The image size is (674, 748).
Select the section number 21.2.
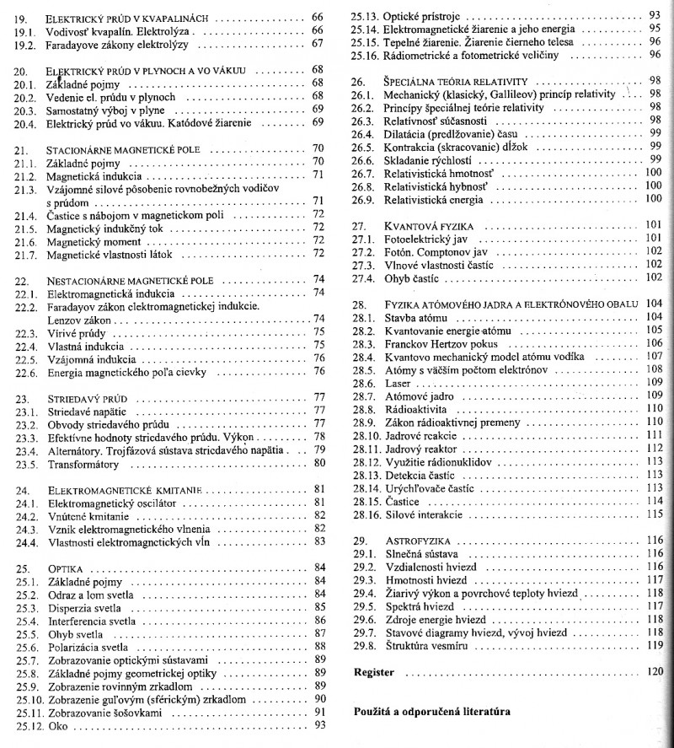pos(25,175)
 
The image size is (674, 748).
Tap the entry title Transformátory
pos(83,463)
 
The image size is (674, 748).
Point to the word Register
pos(373,674)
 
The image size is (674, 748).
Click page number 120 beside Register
pos(655,674)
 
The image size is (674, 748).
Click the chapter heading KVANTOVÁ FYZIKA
pos(428,226)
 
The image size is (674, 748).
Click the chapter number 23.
pos(23,397)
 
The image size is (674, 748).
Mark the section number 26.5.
pos(361,147)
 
